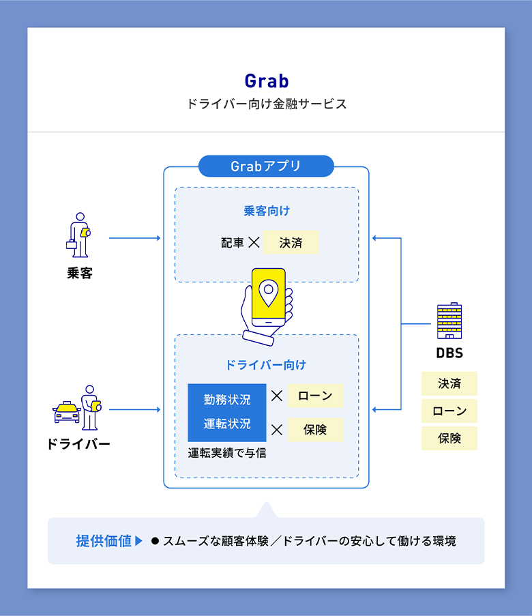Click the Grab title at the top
266,81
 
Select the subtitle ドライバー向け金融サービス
266,104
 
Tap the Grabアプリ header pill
266,166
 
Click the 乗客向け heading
267,211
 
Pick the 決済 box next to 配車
291,242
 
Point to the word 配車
232,242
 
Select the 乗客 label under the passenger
79,273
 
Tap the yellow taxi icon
67,412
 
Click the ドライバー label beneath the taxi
78,444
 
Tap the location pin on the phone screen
269,292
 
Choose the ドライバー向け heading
266,365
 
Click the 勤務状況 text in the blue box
227,399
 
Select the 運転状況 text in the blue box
227,424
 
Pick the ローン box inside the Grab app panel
315,396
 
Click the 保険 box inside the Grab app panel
315,430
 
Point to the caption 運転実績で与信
227,452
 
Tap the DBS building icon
449,321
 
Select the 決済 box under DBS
449,383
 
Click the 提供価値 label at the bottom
104,541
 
